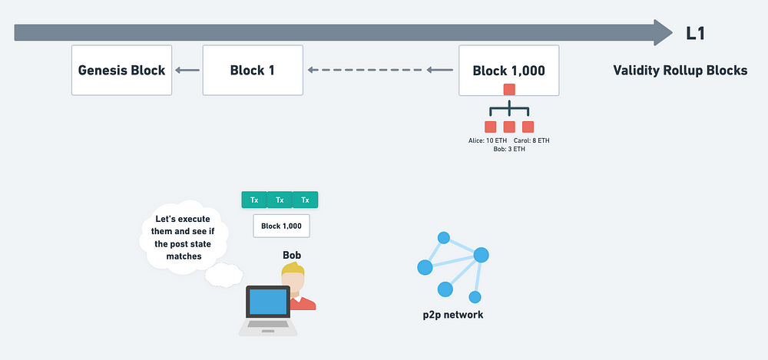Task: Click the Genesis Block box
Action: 121,70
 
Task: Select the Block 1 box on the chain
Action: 253,70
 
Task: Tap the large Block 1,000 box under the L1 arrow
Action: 509,70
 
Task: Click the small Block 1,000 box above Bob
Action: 281,226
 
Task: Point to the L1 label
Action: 695,33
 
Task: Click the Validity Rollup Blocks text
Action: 680,71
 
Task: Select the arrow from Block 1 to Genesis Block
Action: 187,70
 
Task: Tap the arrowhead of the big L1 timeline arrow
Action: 664,32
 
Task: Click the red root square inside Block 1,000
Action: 509,90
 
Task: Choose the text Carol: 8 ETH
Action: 531,140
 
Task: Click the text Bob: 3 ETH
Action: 509,149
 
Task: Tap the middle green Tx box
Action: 280,200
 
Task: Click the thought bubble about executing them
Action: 184,237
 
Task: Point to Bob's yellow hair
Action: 293,269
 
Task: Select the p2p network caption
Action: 453,315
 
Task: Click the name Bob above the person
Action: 292,255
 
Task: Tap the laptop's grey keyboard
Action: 267,324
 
